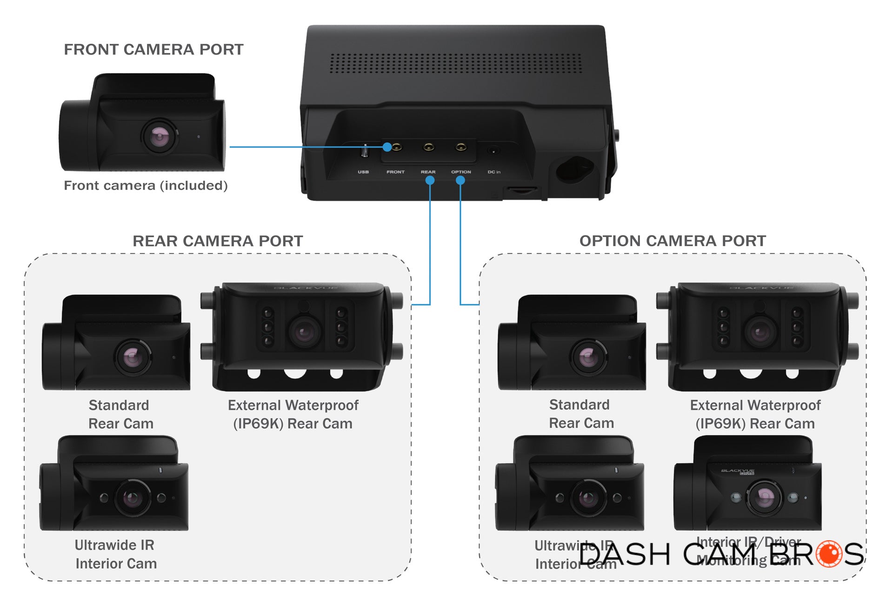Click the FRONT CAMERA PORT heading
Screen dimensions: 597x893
point(153,49)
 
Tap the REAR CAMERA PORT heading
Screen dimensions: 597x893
point(218,241)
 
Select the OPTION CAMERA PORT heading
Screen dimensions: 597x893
point(673,241)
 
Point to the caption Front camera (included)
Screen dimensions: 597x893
point(146,186)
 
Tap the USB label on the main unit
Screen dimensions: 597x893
point(363,172)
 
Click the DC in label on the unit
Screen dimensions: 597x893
point(494,172)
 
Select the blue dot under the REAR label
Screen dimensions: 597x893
point(430,180)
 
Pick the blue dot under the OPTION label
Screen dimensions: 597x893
point(460,180)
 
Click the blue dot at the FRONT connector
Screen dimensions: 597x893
point(387,147)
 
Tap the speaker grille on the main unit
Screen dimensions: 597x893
point(456,63)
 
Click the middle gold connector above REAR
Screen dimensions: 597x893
point(428,147)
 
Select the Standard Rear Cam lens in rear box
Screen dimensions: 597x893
point(133,357)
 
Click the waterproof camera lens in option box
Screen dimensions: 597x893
point(760,332)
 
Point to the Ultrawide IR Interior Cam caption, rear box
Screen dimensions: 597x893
point(115,554)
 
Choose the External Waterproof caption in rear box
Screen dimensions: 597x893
point(293,414)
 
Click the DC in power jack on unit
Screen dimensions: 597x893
point(493,150)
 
